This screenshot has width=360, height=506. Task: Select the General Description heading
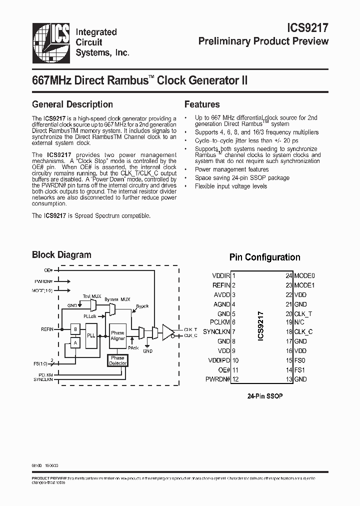pyautogui.click(x=72, y=104)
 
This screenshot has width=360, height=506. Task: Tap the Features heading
pyautogui.click(x=202, y=104)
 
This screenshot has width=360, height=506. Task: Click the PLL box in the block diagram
pyautogui.click(x=91, y=335)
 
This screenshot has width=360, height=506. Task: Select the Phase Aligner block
pyautogui.click(x=118, y=335)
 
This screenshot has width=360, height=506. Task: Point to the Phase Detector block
pyautogui.click(x=118, y=360)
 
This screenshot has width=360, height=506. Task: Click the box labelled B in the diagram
pyautogui.click(x=75, y=329)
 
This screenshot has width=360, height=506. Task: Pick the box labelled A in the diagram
pyautogui.click(x=75, y=342)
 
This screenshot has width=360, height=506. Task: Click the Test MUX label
pyautogui.click(x=92, y=296)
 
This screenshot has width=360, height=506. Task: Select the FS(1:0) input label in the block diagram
pyautogui.click(x=41, y=363)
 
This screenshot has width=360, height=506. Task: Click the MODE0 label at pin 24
pyautogui.click(x=304, y=276)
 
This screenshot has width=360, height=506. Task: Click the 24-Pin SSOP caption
pyautogui.click(x=265, y=395)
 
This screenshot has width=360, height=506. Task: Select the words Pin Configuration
pyautogui.click(x=264, y=257)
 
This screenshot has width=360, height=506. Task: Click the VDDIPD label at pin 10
pyautogui.click(x=218, y=360)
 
